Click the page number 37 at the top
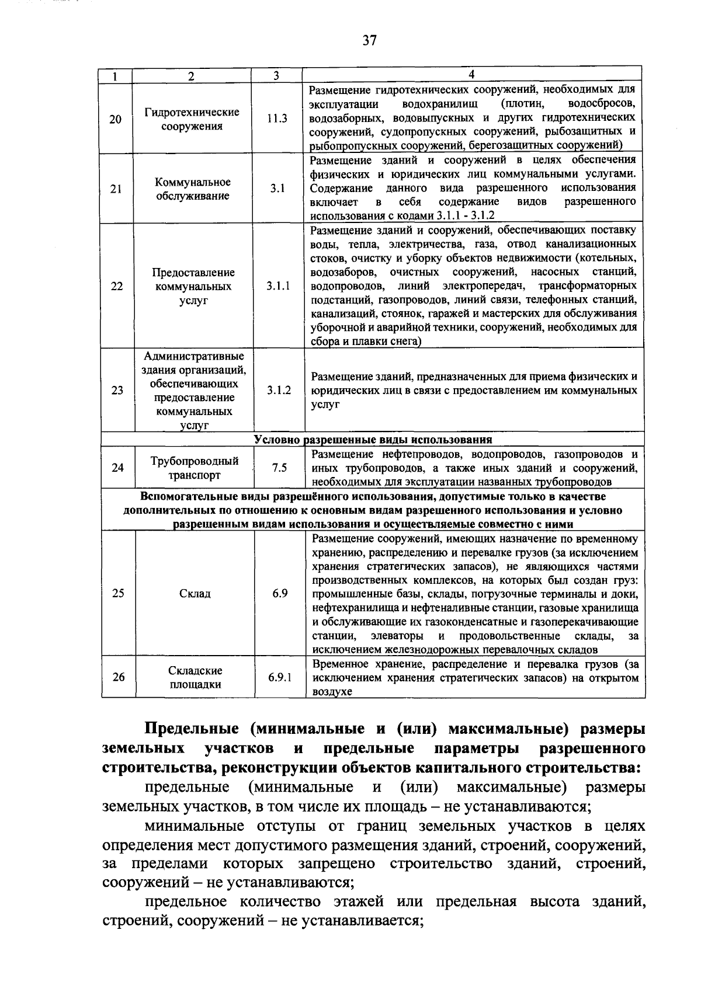(x=369, y=40)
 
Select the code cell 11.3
(x=277, y=119)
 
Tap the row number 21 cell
(x=116, y=189)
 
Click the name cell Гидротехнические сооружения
(x=192, y=119)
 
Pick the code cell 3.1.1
(x=279, y=286)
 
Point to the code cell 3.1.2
(x=279, y=390)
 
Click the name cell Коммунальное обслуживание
(x=192, y=189)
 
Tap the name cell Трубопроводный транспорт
(x=195, y=468)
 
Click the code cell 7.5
(x=279, y=468)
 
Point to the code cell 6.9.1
(x=280, y=678)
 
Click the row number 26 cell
(x=119, y=677)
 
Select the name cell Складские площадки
(x=195, y=678)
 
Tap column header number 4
(x=472, y=74)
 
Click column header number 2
(x=191, y=76)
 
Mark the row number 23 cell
(x=117, y=390)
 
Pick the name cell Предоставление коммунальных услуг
(x=193, y=286)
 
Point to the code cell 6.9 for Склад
(x=280, y=594)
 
